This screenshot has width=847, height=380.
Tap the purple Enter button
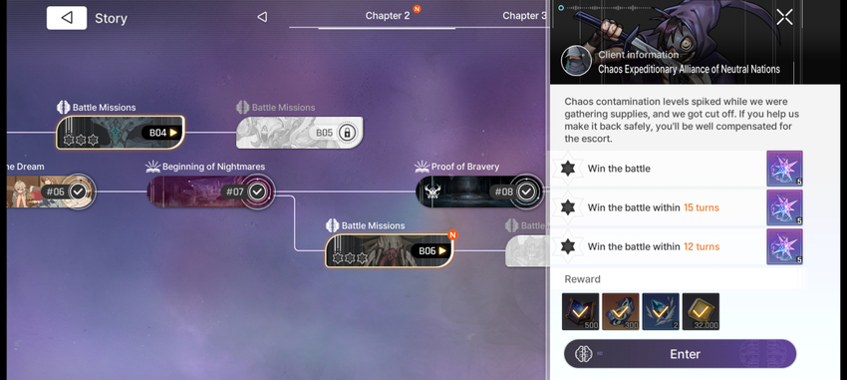point(680,354)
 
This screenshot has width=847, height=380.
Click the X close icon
point(784,17)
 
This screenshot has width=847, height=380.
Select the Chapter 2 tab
point(388,16)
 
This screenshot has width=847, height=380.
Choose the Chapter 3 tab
point(524,16)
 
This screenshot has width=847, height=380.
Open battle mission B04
point(121,133)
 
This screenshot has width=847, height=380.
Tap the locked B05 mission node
point(299,133)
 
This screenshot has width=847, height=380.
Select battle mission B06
point(389,250)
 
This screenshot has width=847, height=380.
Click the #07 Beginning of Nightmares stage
point(211,191)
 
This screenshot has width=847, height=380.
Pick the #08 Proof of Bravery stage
point(479,191)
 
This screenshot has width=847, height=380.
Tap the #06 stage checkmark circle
point(79,191)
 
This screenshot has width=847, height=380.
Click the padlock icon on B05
point(348,133)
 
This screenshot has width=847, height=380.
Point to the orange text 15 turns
point(702,207)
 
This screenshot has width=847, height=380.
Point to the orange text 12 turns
point(702,246)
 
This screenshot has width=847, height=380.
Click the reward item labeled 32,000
point(701,311)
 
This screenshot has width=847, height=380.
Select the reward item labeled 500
point(580,311)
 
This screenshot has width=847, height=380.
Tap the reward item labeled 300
point(621,311)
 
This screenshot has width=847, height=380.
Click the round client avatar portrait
point(576,61)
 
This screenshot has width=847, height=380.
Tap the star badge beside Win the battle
point(568,169)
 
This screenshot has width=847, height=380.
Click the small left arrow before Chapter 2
point(262,17)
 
